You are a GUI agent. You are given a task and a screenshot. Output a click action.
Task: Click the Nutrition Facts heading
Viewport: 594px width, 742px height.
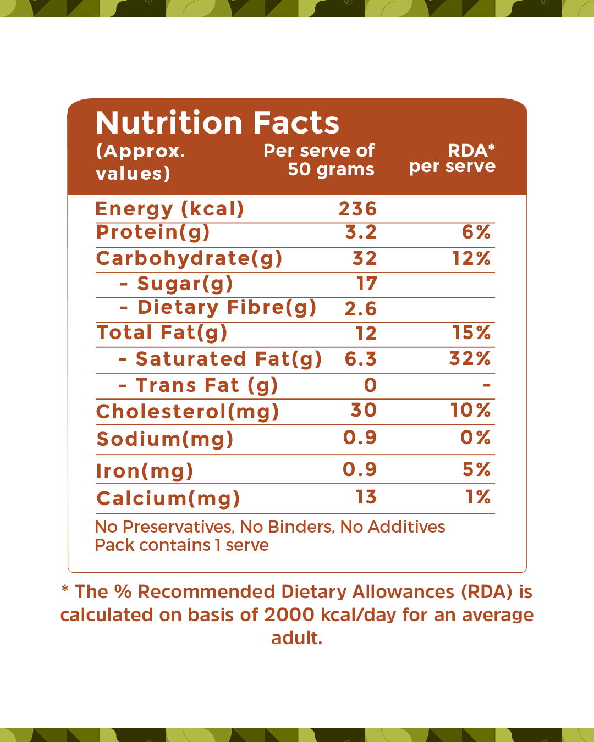point(217,123)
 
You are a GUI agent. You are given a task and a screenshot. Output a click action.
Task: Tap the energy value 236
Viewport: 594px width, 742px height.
point(358,209)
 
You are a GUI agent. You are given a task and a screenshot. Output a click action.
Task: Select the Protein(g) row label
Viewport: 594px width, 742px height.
point(153,232)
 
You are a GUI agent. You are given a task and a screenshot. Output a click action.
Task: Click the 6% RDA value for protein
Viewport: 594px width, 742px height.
point(476,232)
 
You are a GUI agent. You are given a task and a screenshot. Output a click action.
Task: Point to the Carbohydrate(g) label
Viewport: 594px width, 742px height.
point(189,258)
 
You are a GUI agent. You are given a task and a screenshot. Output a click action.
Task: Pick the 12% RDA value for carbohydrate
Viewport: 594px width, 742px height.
point(471,258)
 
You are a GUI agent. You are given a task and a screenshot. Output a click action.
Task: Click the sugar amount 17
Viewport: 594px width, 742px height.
point(366,284)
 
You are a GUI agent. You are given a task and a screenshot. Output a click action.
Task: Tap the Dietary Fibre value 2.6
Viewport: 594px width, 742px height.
point(361,309)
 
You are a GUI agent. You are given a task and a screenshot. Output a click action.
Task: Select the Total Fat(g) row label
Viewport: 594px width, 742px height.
point(162,333)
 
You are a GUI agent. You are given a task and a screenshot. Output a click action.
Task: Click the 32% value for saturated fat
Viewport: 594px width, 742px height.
point(470,359)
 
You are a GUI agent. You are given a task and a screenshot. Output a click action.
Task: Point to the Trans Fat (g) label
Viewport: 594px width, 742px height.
point(206,385)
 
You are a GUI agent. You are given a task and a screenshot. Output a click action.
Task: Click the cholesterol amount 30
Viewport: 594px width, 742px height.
point(364,410)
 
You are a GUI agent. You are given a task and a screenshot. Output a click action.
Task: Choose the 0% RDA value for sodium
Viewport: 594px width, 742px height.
point(475,438)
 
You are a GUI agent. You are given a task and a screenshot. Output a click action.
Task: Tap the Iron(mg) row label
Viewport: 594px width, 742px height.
point(145,471)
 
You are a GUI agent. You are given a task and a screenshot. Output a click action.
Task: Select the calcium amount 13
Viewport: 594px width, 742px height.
point(366,497)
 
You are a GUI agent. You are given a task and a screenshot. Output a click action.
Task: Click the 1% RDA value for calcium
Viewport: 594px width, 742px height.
point(478,497)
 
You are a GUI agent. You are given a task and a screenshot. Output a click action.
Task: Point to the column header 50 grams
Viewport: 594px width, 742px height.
point(331,169)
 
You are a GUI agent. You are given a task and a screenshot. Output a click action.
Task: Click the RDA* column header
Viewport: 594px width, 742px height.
point(471,150)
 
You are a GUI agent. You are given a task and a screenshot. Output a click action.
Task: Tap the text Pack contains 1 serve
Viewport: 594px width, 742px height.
point(182,545)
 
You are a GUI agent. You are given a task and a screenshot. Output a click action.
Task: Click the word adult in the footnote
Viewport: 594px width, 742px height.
point(296,638)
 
